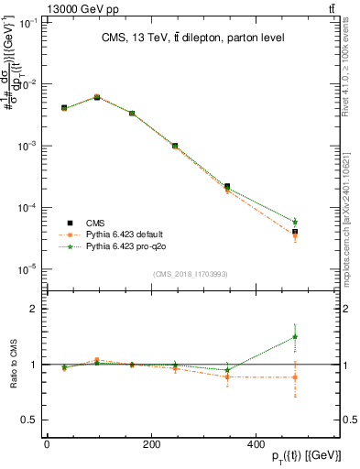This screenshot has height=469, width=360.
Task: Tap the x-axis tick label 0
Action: pos(47,443)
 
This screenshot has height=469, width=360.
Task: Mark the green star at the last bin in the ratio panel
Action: pos(320,336)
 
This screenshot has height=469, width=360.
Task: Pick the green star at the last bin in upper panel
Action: pos(320,222)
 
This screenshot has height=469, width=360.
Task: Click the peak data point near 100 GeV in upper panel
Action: pos(97,96)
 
